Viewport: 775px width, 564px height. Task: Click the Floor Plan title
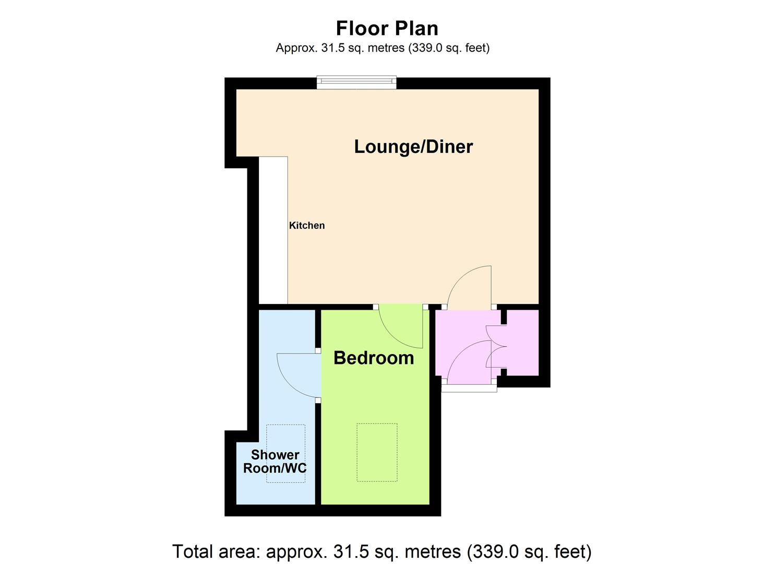point(387,28)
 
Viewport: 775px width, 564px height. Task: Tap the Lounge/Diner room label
point(413,147)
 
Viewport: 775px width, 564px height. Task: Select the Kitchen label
point(306,226)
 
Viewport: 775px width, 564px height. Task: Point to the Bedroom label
point(374,358)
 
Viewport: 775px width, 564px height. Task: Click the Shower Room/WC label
point(275,461)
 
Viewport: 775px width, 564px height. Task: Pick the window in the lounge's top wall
point(356,83)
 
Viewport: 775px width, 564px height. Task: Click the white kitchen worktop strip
point(273,230)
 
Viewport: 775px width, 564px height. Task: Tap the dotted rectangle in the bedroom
point(377,452)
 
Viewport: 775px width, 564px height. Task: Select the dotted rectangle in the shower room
point(286,454)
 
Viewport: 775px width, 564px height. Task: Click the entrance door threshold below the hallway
point(469,388)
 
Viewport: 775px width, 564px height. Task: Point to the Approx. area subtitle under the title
point(383,48)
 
